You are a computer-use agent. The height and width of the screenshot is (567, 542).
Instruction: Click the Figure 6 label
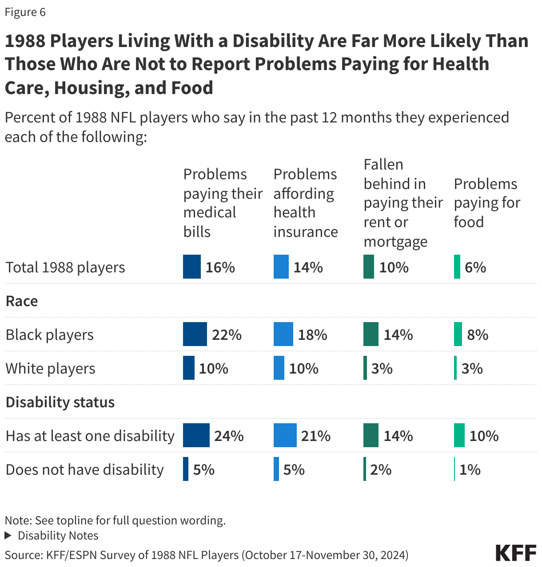25,12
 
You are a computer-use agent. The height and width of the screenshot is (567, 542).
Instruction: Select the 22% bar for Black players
195,335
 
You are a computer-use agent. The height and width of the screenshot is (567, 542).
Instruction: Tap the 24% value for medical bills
229,436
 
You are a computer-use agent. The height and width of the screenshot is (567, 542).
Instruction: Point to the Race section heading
22,301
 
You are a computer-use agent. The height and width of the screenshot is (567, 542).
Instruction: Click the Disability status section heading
60,402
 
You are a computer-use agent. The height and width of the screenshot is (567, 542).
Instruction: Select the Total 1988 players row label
65,267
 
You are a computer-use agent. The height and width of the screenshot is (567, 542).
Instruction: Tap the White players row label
50,368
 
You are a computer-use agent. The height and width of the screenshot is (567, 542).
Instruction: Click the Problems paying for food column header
486,203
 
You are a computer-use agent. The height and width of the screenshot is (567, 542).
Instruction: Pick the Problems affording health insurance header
305,203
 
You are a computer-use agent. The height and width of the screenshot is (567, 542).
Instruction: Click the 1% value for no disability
470,469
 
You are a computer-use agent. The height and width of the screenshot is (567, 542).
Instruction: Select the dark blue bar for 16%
191,267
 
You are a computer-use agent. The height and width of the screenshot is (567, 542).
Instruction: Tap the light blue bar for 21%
285,436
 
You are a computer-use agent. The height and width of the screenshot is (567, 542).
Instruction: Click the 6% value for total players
475,267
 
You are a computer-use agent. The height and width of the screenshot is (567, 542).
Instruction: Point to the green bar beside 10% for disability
459,436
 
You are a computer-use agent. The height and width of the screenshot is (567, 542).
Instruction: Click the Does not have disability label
85,469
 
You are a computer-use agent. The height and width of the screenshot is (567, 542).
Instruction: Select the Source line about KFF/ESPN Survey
207,555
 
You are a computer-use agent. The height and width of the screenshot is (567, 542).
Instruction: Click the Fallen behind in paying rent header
403,203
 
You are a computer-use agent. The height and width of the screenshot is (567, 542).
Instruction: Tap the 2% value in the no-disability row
380,469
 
